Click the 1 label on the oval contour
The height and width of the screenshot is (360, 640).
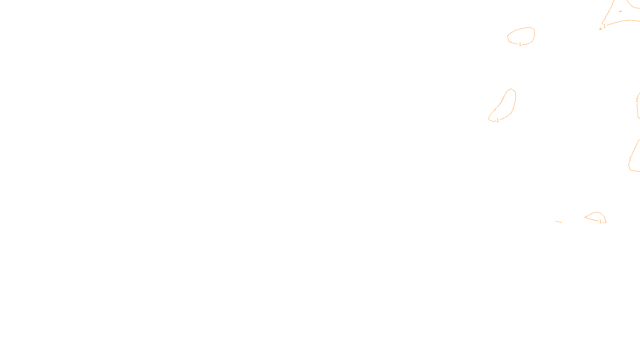[520, 44]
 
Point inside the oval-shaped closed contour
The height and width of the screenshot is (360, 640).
[521, 36]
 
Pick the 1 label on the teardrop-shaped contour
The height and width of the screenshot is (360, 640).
[498, 120]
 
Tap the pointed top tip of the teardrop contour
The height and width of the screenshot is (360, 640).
[511, 89]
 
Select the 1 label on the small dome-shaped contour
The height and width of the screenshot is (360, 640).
[600, 221]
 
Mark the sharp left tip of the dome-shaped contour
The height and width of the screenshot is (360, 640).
[585, 218]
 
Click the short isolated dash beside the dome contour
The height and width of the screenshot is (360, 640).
[558, 222]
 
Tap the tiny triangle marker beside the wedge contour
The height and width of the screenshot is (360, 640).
[600, 29]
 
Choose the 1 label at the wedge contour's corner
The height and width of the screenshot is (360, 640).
[604, 26]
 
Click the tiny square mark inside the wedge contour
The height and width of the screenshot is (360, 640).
[620, 11]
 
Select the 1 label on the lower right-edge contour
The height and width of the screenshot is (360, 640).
[630, 159]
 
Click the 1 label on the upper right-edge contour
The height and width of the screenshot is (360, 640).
[637, 101]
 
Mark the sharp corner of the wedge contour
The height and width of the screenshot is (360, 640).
[602, 24]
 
